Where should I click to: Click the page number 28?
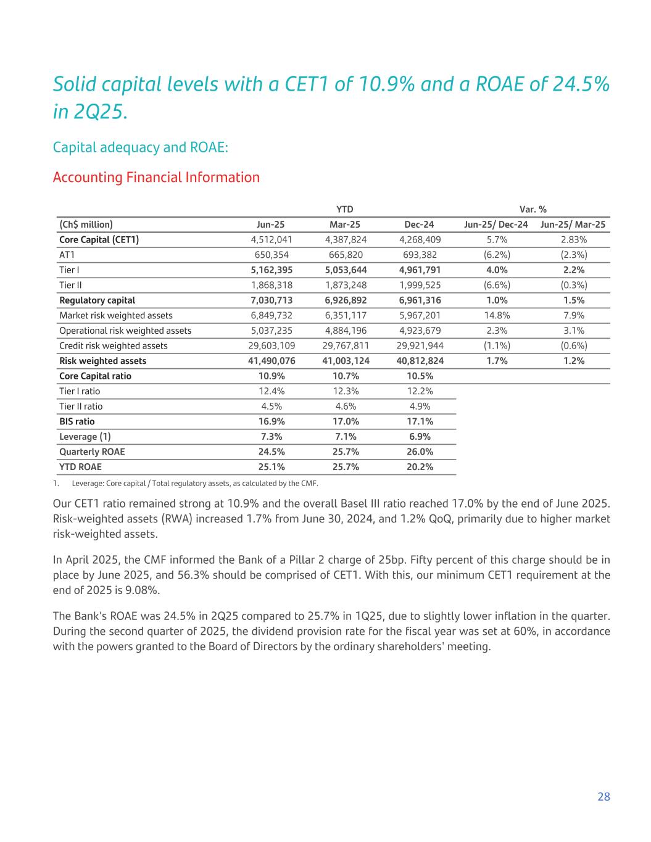[x=603, y=796]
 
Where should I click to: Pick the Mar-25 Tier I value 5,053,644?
[x=346, y=270]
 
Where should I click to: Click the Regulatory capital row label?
[x=97, y=300]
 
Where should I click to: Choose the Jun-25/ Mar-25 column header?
[x=573, y=225]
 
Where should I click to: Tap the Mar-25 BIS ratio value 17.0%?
[x=346, y=421]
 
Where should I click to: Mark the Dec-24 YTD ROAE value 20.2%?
[x=420, y=467]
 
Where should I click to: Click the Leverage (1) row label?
[x=85, y=437]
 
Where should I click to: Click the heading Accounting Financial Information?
[x=156, y=178]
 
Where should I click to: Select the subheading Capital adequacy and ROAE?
[x=141, y=147]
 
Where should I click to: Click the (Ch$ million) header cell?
[x=86, y=225]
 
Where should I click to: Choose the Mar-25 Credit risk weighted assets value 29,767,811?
[x=346, y=345]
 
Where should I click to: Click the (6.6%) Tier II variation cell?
[x=497, y=285]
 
